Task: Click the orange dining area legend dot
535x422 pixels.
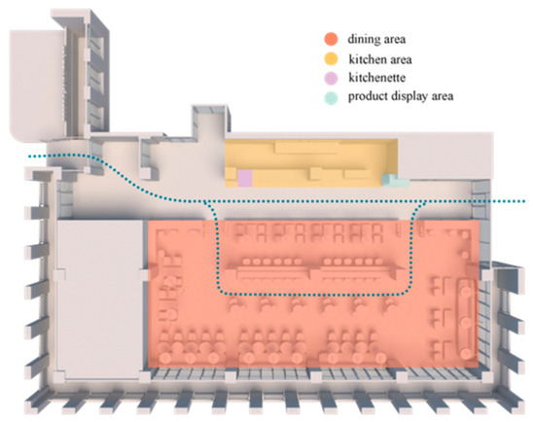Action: coord(331,39)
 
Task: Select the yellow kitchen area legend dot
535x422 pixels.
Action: coord(331,59)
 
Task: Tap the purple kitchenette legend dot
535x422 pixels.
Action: coord(331,78)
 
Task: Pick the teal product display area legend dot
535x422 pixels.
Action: coord(331,97)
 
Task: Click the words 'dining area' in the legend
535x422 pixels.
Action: coord(376,39)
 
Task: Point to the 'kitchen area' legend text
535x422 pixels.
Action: coord(380,59)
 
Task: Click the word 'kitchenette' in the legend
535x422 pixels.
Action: coord(377,78)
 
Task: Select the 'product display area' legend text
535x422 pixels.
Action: coord(401,96)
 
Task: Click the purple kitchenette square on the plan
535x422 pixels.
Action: coord(244,178)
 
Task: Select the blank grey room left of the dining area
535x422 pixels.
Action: coord(99,299)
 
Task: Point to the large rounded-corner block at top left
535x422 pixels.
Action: coord(37,85)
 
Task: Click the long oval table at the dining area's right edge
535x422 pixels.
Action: coord(466,319)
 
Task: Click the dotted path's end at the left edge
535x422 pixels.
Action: coord(30,157)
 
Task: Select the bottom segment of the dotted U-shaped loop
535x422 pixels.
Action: coord(314,293)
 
